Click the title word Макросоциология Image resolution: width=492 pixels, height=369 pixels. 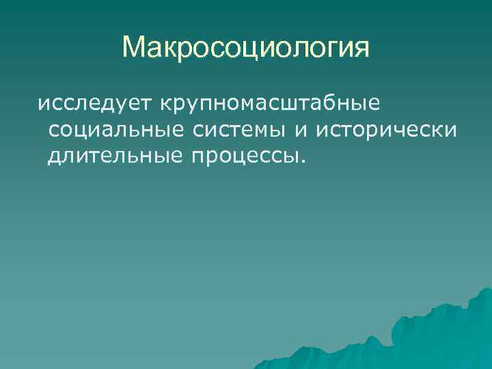pos(246,48)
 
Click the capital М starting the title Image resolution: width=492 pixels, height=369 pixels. pos(134,48)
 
